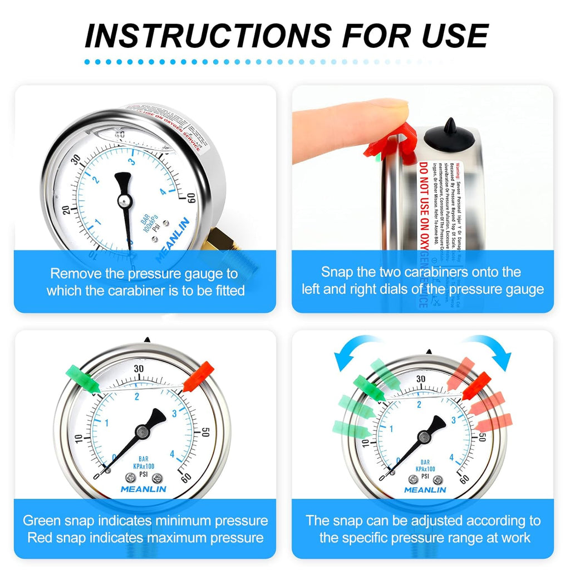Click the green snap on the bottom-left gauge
(x=83, y=377)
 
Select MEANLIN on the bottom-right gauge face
(x=425, y=490)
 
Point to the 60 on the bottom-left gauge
(x=187, y=477)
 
